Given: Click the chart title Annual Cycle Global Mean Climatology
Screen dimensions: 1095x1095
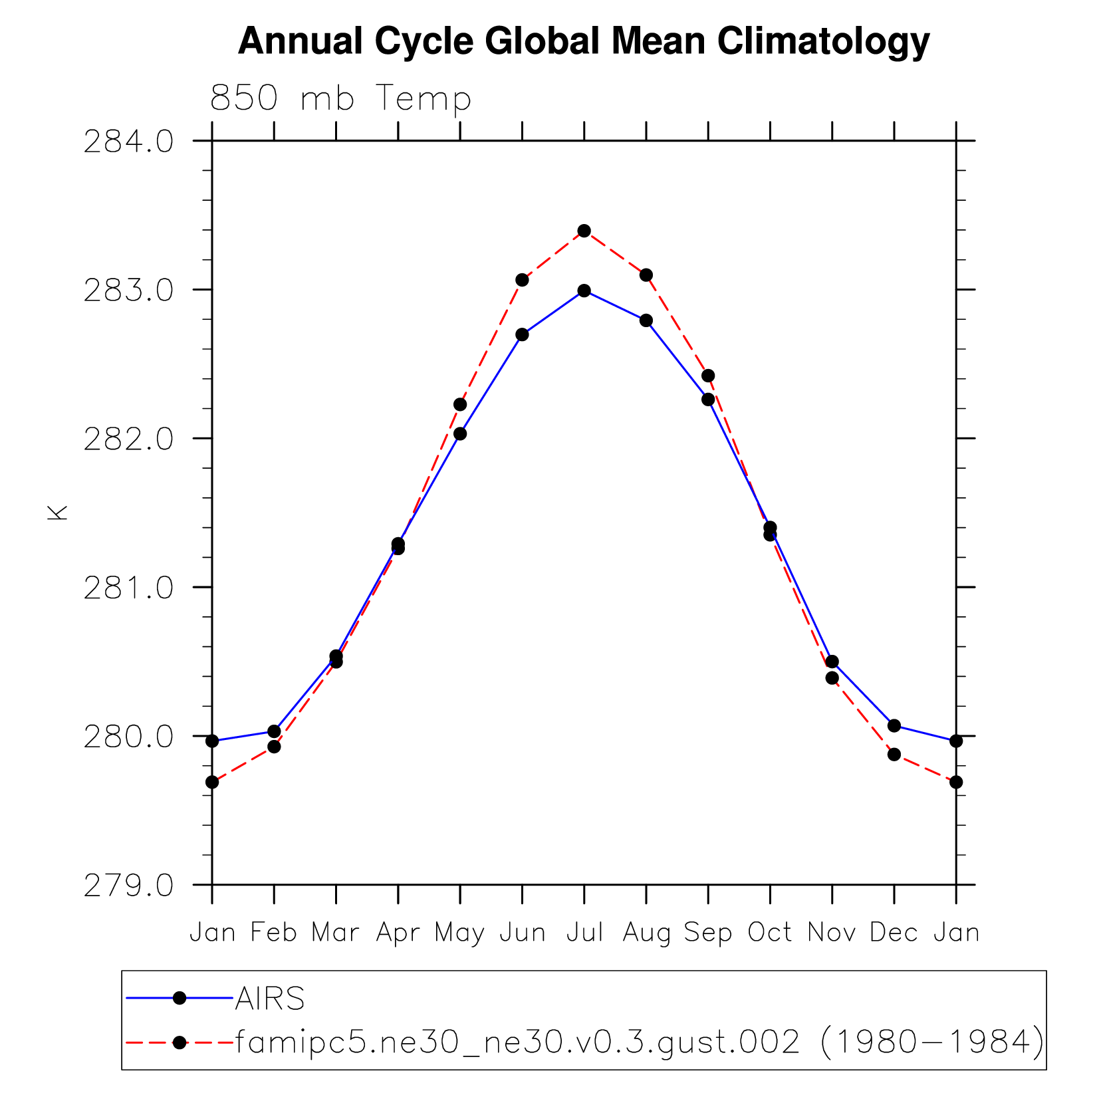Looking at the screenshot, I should tap(583, 41).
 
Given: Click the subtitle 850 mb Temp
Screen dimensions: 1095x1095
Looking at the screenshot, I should tap(340, 98).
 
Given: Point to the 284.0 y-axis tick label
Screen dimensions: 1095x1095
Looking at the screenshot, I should tap(129, 142).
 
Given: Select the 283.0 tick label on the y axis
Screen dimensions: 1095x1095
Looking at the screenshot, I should tap(129, 291).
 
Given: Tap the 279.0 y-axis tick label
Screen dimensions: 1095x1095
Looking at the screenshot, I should tap(129, 886).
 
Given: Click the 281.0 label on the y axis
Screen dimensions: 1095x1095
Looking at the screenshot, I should tap(129, 588).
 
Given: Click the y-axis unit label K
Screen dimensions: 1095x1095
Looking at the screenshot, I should tap(59, 513).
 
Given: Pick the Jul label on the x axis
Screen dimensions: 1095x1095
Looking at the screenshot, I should tap(584, 932).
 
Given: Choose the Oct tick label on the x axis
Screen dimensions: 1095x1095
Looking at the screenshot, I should tap(770, 932).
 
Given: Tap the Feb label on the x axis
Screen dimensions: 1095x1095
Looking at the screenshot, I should tap(274, 932).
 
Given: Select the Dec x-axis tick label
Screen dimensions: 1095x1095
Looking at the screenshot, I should tap(894, 932).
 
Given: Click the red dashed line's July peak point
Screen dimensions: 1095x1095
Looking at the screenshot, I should tap(584, 231).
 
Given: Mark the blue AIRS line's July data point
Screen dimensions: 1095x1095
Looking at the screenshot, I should tap(584, 291).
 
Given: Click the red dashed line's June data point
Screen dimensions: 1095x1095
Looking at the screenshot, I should tap(523, 280).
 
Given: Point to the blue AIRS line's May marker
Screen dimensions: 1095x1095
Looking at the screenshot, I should tap(460, 434).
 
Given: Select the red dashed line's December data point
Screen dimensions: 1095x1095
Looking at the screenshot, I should tap(894, 755).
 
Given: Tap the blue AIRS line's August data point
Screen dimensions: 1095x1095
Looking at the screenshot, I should tap(646, 320).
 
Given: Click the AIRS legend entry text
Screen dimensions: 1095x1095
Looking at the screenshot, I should tap(270, 999).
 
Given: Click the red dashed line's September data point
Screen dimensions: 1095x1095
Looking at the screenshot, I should tap(708, 376).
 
